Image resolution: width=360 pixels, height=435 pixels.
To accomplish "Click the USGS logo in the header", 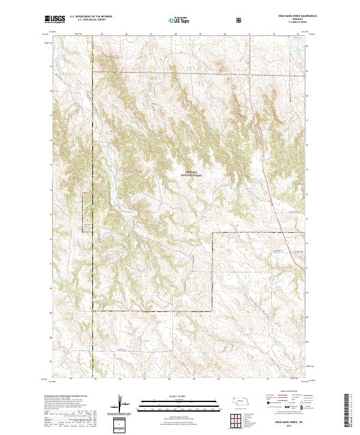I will point(55,20).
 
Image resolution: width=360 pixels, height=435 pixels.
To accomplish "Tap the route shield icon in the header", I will point(240,20).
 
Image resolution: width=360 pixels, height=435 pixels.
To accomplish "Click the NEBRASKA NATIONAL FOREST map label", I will point(191,174).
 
